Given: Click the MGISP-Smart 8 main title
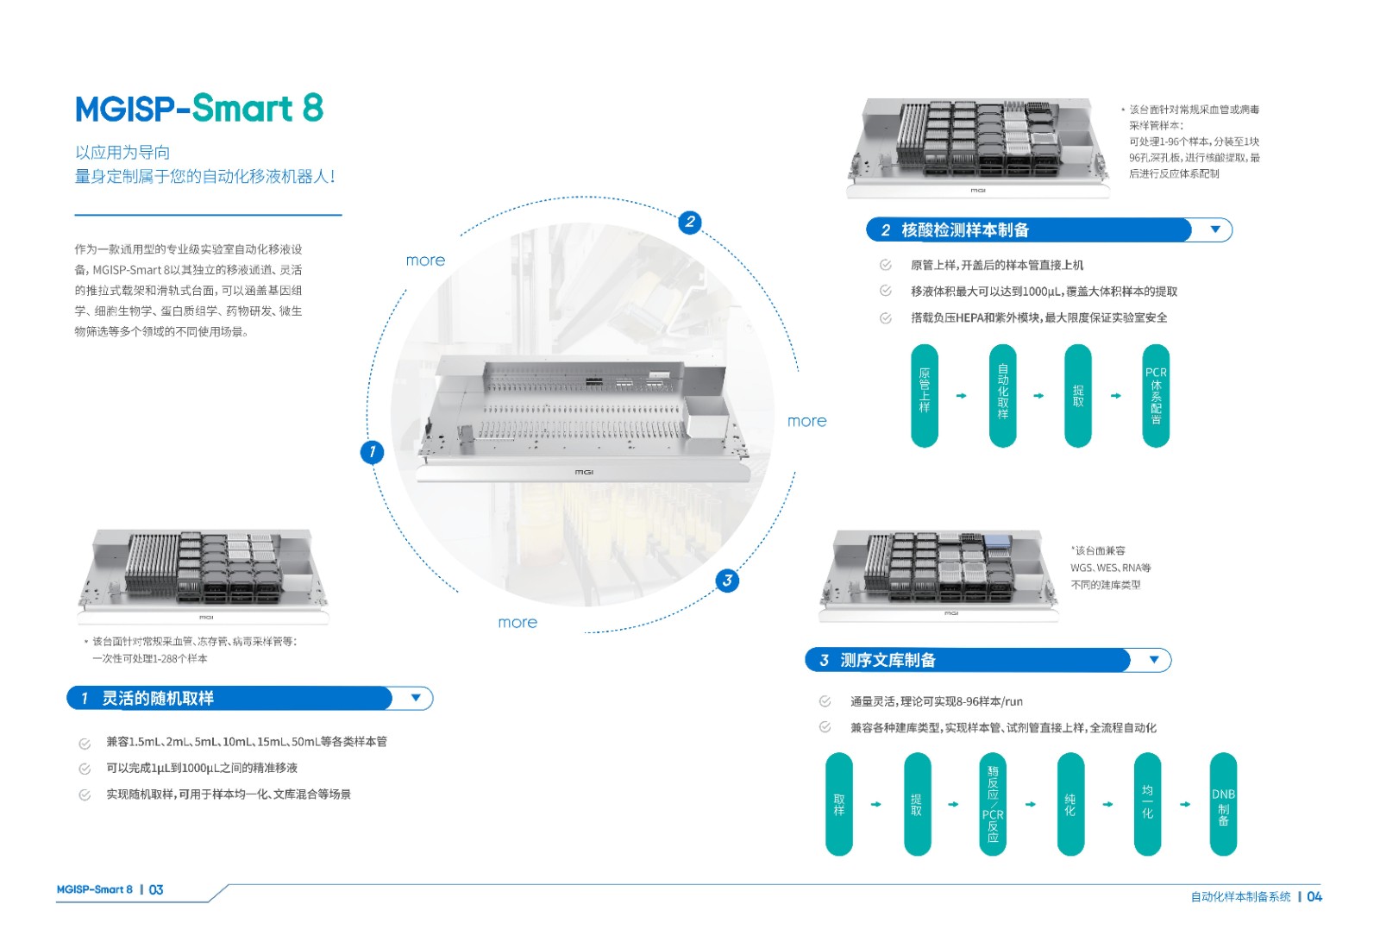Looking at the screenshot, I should coord(199,109).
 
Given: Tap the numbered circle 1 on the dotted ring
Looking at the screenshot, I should coord(372,451).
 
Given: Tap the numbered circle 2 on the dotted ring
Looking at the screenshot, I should coord(689,222).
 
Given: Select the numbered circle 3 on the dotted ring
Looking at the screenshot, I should coord(727,581).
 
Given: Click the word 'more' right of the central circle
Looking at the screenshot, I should coord(806,421).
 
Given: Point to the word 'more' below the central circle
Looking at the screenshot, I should coord(517,622).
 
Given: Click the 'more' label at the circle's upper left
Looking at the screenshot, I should coord(425,261).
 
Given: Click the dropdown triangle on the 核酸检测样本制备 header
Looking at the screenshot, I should coord(1215,229).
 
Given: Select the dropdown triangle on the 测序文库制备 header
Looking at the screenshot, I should coord(1154,660).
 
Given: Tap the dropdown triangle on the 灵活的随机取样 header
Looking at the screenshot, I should coord(416,698).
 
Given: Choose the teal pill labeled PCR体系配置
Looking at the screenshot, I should coord(1156,396).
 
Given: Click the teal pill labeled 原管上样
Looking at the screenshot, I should coord(925,396).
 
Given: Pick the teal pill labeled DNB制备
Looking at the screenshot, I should coord(1223,804).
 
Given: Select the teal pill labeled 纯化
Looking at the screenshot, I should coord(1070,804).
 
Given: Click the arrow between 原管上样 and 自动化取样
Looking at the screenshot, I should coord(962,396).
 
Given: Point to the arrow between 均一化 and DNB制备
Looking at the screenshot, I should coord(1185,804).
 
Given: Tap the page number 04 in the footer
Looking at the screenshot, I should coord(1314,896).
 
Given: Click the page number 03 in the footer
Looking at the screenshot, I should coord(156,889).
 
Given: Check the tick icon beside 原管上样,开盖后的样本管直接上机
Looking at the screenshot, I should coord(885,265).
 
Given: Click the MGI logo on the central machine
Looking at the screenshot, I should coord(584,472).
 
